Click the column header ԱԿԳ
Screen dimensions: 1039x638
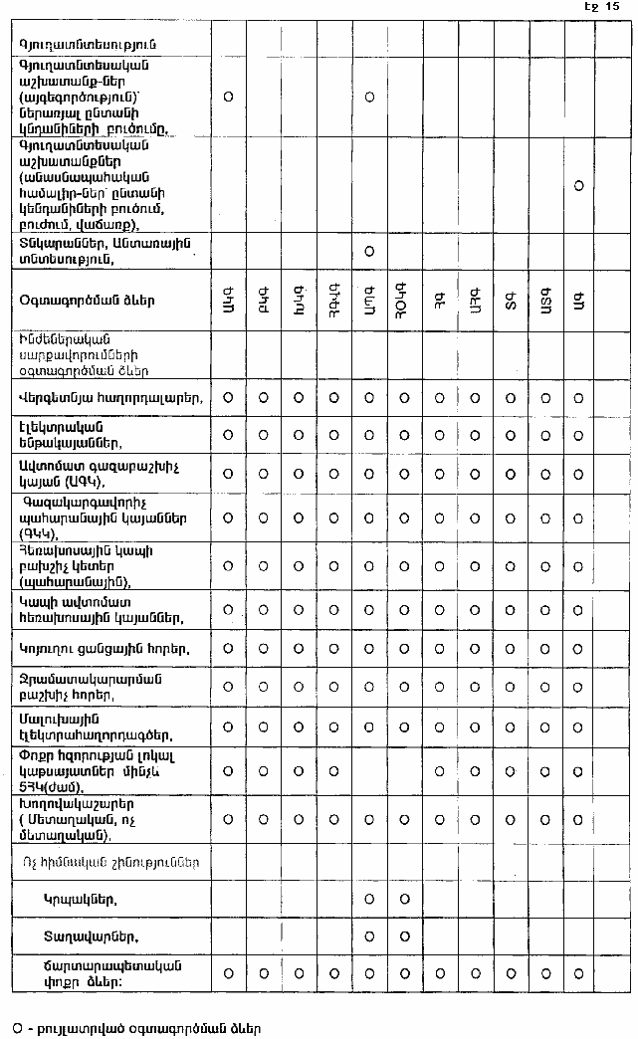pos(228,299)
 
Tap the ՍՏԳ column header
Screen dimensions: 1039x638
pos(543,299)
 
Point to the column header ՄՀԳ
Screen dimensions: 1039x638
pos(474,299)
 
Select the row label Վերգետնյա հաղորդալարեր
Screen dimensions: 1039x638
pos(111,398)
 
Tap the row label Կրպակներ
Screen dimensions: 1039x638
pos(81,900)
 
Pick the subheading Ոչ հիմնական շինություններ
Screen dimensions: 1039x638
pos(109,862)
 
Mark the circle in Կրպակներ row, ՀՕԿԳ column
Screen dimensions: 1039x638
pos(403,900)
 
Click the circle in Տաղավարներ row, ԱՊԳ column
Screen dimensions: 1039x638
pos(368,936)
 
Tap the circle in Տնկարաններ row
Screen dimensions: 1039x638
pos(368,250)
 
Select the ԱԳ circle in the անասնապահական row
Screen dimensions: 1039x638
pos(578,185)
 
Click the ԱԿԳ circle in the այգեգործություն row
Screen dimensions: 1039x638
pos(228,97)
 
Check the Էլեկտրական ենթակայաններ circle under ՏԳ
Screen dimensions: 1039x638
pos(509,435)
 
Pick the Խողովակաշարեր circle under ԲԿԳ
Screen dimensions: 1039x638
pos(263,819)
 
